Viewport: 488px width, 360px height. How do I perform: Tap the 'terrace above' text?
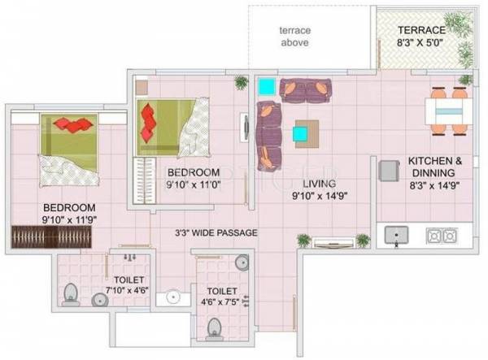tap(294, 37)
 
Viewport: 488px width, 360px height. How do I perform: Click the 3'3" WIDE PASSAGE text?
tap(216, 233)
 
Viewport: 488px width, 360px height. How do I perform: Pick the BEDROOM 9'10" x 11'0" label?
tap(194, 179)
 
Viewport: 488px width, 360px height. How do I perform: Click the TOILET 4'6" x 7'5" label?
tap(222, 296)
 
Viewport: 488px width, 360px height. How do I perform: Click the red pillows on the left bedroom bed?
tap(75, 125)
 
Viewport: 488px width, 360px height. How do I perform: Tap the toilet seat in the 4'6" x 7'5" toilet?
tap(215, 326)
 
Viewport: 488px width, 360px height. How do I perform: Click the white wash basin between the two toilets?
tap(172, 297)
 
